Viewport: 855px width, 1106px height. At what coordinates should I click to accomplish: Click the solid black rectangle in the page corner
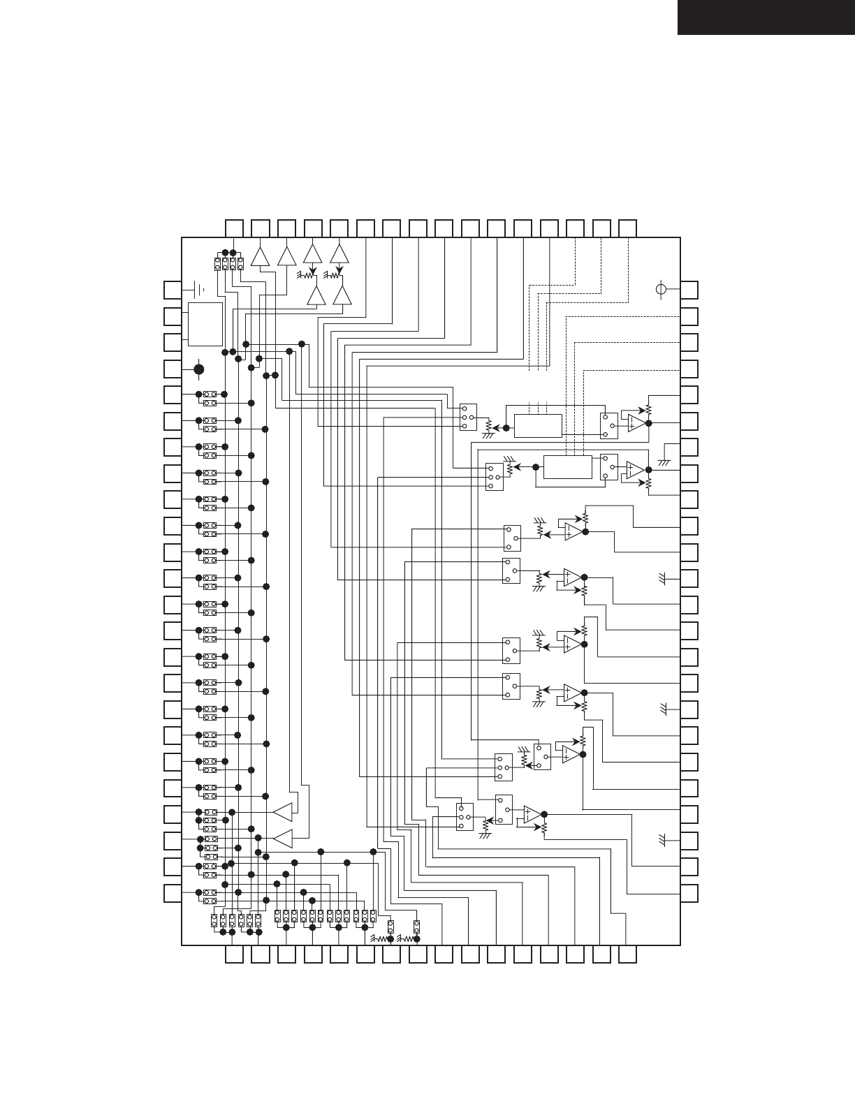pyautogui.click(x=766, y=17)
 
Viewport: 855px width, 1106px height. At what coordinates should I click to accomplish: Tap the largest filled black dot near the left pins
pyautogui.click(x=199, y=369)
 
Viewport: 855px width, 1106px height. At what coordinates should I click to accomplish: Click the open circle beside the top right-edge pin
pyautogui.click(x=663, y=289)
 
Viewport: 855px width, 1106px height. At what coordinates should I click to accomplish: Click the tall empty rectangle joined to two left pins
pyautogui.click(x=205, y=324)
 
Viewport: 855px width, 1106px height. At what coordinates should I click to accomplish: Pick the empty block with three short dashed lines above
pyautogui.click(x=538, y=425)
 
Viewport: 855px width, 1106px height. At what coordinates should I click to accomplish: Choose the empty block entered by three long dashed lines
pyautogui.click(x=567, y=467)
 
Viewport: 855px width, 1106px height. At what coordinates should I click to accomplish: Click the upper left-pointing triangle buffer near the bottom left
pyautogui.click(x=283, y=813)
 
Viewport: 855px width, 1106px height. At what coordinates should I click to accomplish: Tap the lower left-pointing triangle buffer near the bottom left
pyautogui.click(x=283, y=838)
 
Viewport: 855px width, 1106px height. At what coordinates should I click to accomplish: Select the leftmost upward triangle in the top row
pyautogui.click(x=260, y=256)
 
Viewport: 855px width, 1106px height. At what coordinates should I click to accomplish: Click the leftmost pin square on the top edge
pyautogui.click(x=234, y=228)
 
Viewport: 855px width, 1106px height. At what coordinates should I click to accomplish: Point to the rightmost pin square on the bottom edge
pyautogui.click(x=627, y=954)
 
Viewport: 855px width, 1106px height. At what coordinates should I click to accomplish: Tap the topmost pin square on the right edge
pyautogui.click(x=689, y=290)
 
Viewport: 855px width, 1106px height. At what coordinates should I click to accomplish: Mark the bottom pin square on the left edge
pyautogui.click(x=173, y=893)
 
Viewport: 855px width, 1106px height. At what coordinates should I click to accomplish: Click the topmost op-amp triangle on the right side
pyautogui.click(x=636, y=423)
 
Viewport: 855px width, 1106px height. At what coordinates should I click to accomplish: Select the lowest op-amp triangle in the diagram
pyautogui.click(x=532, y=814)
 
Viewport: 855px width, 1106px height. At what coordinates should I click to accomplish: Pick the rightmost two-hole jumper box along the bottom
pyautogui.click(x=416, y=927)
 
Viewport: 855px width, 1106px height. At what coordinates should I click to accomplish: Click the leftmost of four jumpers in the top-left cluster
pyautogui.click(x=218, y=263)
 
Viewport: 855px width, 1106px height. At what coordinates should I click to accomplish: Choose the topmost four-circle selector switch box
pyautogui.click(x=468, y=417)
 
